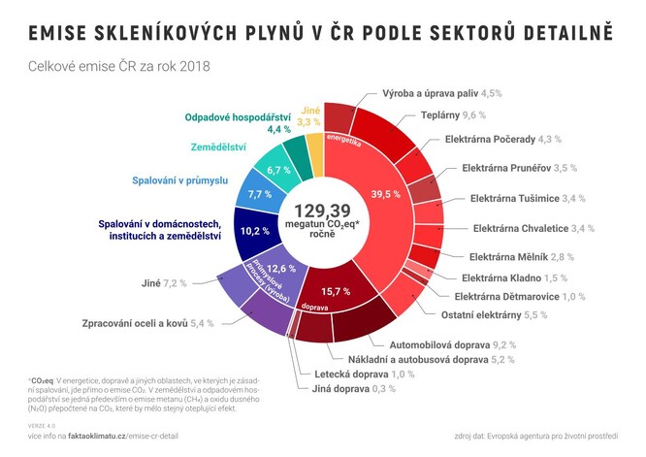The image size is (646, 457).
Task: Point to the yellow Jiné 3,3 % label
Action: pos(308,115)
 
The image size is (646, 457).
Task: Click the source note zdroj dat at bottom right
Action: pos(546,437)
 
